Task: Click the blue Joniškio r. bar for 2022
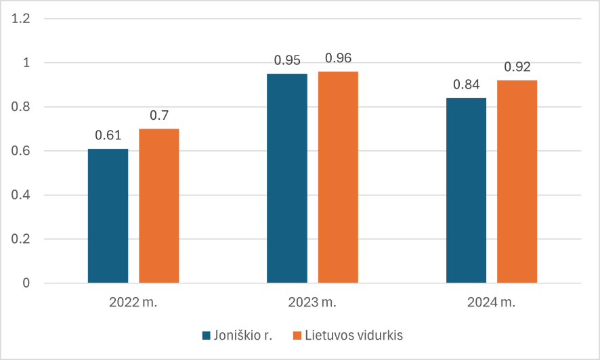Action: [108, 215]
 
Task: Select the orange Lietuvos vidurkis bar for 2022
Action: [159, 206]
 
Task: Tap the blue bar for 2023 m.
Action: [287, 178]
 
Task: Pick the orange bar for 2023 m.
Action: [338, 177]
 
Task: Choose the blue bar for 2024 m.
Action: [466, 190]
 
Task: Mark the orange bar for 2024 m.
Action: [517, 181]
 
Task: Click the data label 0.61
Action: [108, 135]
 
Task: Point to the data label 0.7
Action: [159, 116]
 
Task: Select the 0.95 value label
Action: [287, 60]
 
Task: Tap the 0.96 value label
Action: [338, 58]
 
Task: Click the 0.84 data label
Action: [466, 85]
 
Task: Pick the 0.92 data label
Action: [517, 67]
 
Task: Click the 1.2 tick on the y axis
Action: [23, 19]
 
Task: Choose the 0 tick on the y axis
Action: [27, 283]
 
